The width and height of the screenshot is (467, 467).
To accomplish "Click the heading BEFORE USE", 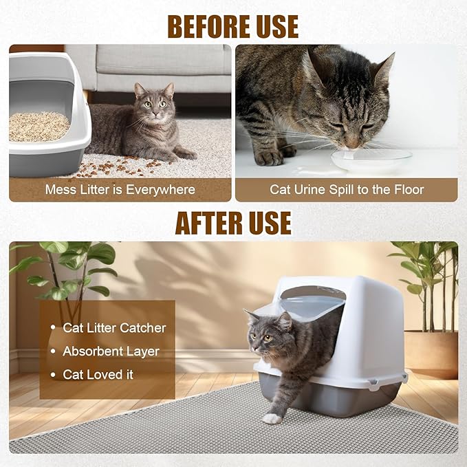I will pos(233,26).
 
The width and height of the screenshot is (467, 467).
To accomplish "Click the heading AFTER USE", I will pos(233,223).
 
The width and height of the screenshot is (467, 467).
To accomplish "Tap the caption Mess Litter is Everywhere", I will pos(120,189).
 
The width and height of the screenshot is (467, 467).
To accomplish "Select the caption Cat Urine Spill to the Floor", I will pos(346,189).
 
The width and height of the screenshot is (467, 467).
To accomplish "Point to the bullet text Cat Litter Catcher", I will pos(114,328).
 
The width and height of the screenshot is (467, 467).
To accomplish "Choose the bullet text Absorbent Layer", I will pos(111,351).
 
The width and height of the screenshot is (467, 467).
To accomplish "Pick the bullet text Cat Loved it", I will pos(98,375).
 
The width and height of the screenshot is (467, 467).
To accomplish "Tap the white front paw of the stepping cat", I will pos(273,418).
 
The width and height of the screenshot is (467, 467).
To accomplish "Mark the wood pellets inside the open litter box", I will pos(39,127).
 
